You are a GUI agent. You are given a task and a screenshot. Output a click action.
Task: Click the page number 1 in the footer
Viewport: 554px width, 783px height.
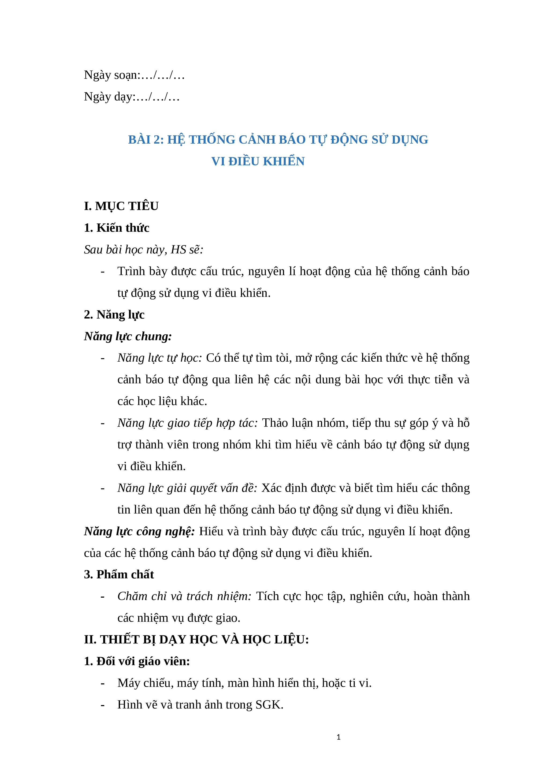click(x=339, y=737)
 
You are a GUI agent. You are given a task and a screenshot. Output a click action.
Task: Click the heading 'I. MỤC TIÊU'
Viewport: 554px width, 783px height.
click(x=121, y=206)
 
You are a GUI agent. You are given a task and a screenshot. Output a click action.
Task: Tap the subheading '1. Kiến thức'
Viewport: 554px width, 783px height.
click(x=116, y=228)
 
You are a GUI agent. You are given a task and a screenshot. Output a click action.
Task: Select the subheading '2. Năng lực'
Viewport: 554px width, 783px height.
click(x=114, y=314)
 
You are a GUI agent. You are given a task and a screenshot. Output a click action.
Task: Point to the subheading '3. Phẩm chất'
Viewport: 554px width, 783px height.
click(x=119, y=574)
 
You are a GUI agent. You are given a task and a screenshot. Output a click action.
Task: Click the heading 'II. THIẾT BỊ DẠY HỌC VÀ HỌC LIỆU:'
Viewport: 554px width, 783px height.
click(x=196, y=639)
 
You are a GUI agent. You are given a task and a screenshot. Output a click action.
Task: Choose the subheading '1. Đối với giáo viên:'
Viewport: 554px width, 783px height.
click(x=137, y=661)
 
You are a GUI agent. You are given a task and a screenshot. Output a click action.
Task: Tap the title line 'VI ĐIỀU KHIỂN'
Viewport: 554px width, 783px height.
click(x=258, y=161)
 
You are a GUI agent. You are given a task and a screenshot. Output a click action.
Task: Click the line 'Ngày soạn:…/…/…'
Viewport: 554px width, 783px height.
click(x=134, y=75)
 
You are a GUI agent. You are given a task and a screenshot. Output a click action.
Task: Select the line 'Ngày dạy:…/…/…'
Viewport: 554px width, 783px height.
click(x=132, y=97)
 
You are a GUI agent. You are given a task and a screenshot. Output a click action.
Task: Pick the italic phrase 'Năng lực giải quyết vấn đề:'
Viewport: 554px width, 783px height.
click(x=187, y=488)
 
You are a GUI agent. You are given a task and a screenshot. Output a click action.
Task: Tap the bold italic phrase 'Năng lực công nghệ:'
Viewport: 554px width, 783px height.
click(x=139, y=531)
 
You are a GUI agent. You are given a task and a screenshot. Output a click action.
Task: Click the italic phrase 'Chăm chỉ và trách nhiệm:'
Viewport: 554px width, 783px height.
click(x=184, y=596)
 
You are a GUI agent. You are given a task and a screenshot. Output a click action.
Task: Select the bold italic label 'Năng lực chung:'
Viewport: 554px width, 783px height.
click(x=128, y=336)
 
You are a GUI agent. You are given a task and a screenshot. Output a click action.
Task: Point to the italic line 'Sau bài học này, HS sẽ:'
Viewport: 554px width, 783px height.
click(x=144, y=250)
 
